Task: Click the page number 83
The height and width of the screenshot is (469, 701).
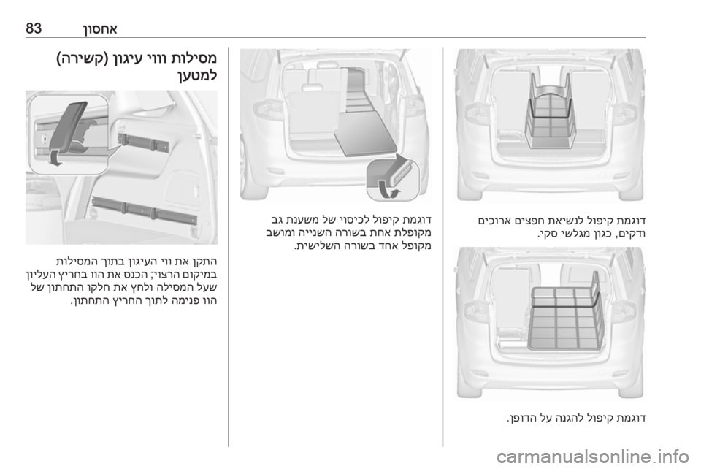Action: click(x=34, y=28)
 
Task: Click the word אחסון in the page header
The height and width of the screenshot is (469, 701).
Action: click(x=100, y=28)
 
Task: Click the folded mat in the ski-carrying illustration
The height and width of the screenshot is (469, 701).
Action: click(x=550, y=112)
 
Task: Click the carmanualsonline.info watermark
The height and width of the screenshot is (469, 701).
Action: click(x=592, y=457)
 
